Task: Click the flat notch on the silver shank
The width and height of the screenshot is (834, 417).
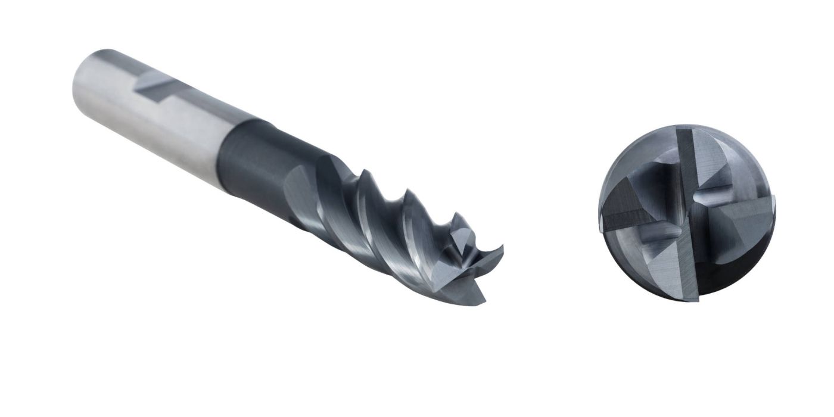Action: pyautogui.click(x=156, y=83)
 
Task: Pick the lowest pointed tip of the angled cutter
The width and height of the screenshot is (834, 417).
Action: pyautogui.click(x=482, y=301)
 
